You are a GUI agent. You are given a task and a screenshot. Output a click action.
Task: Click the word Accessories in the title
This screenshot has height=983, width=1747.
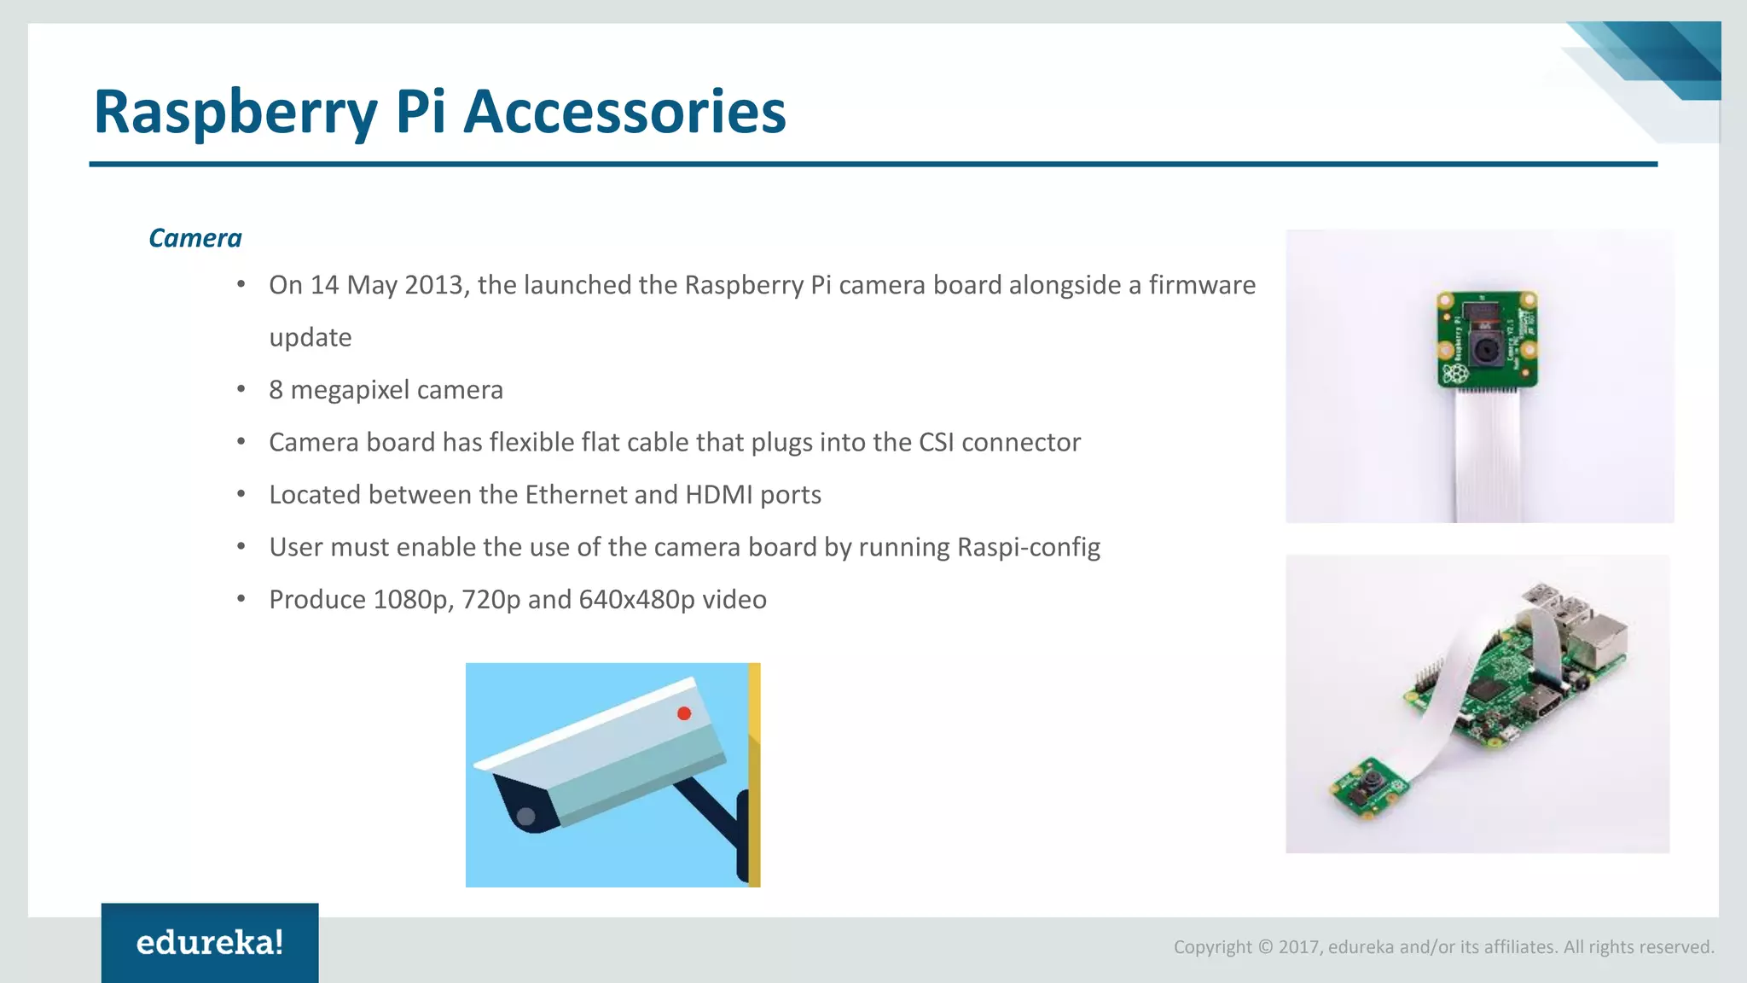[x=624, y=112]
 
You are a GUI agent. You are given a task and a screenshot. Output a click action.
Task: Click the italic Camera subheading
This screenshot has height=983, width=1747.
[x=194, y=238]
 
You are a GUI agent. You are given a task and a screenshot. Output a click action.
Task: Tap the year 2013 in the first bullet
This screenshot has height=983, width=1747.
[x=433, y=285]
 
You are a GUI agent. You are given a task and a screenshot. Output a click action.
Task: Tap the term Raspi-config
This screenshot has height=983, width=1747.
[x=1029, y=547]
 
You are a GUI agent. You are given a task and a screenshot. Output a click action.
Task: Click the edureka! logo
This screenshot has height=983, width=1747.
[x=210, y=943]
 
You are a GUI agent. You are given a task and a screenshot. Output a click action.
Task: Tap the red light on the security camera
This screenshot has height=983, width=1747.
[x=684, y=713]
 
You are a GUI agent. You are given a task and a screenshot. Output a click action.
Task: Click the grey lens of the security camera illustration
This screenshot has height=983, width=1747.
[x=526, y=817]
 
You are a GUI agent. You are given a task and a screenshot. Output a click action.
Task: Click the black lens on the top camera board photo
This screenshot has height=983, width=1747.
[x=1485, y=349]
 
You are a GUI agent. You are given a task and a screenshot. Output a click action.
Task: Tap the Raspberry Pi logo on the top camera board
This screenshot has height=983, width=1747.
[x=1454, y=373]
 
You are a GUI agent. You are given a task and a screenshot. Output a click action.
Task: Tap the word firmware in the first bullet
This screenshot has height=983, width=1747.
[x=1202, y=285]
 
